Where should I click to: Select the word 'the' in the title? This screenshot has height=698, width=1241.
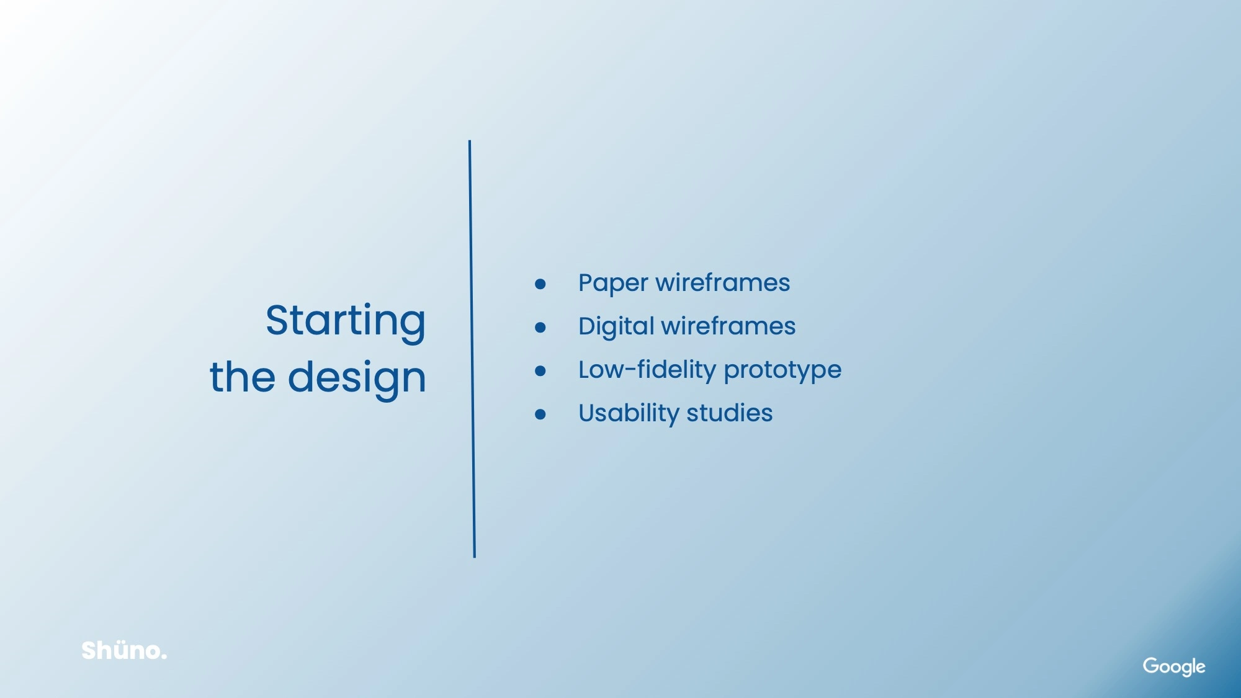(x=243, y=376)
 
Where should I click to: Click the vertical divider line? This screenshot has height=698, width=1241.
(x=472, y=349)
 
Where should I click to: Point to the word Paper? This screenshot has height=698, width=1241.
(x=613, y=284)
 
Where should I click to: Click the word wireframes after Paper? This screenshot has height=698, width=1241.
(x=723, y=282)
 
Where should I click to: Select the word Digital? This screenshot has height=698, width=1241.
(x=616, y=327)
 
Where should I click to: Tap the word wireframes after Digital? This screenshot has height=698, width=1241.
(x=728, y=326)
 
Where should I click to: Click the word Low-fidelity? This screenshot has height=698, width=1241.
(x=647, y=370)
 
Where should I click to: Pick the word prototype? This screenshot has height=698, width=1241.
(x=782, y=371)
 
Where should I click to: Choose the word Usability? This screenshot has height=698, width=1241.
(x=629, y=413)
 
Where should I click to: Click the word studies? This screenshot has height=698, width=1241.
(x=729, y=413)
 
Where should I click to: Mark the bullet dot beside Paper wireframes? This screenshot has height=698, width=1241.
(x=540, y=284)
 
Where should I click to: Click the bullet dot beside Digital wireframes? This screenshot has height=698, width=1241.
(x=540, y=328)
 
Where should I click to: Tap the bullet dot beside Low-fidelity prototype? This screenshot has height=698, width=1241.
(x=540, y=371)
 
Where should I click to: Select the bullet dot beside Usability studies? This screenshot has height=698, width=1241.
(x=540, y=414)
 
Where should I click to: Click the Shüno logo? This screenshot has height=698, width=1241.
(x=124, y=650)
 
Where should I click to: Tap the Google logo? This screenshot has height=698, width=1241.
(x=1174, y=666)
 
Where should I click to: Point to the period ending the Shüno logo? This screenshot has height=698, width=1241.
(x=164, y=657)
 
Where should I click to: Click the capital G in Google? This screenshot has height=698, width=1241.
(x=1152, y=665)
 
